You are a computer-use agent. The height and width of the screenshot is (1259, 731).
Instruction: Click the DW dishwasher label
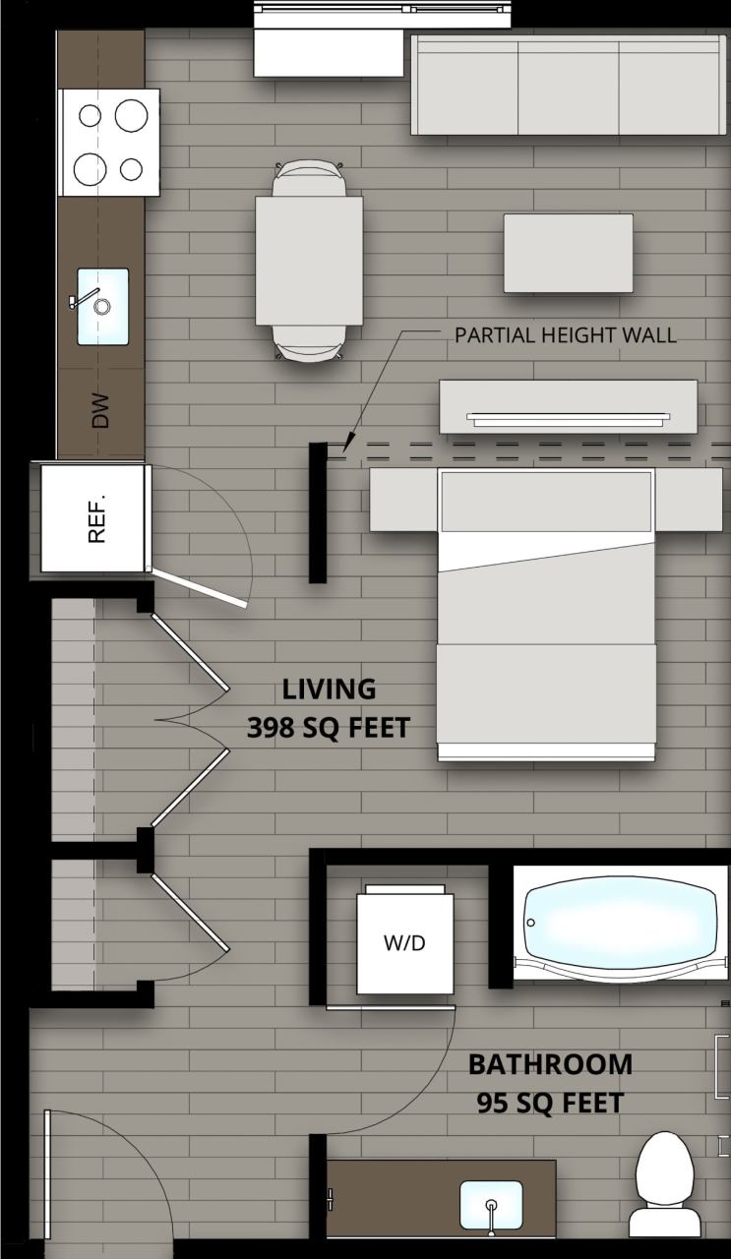(100, 411)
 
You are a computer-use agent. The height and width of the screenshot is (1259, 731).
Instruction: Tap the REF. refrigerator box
(94, 518)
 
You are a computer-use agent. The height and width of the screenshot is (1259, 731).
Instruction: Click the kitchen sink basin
(103, 306)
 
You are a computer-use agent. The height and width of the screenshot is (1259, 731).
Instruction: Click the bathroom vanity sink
(491, 1205)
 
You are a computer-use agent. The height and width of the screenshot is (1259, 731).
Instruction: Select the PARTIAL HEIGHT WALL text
(565, 335)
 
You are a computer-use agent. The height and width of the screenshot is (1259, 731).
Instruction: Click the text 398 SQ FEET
(328, 728)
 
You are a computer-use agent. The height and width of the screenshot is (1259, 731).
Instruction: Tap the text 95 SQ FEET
(550, 1104)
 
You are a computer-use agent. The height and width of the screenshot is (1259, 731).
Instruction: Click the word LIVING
(329, 689)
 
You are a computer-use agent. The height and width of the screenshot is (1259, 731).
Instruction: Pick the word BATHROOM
(550, 1064)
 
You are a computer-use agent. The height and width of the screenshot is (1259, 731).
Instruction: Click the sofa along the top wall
(569, 87)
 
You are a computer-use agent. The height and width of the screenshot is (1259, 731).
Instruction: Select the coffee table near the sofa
(569, 253)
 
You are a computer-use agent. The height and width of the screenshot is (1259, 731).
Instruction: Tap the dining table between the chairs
(309, 261)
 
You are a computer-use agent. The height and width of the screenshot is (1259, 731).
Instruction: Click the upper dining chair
(309, 178)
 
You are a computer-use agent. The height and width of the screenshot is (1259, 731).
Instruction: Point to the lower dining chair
(309, 343)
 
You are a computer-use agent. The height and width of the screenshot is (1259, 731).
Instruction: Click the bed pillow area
(546, 502)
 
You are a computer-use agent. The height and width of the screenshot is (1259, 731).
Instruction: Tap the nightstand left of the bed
(403, 500)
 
